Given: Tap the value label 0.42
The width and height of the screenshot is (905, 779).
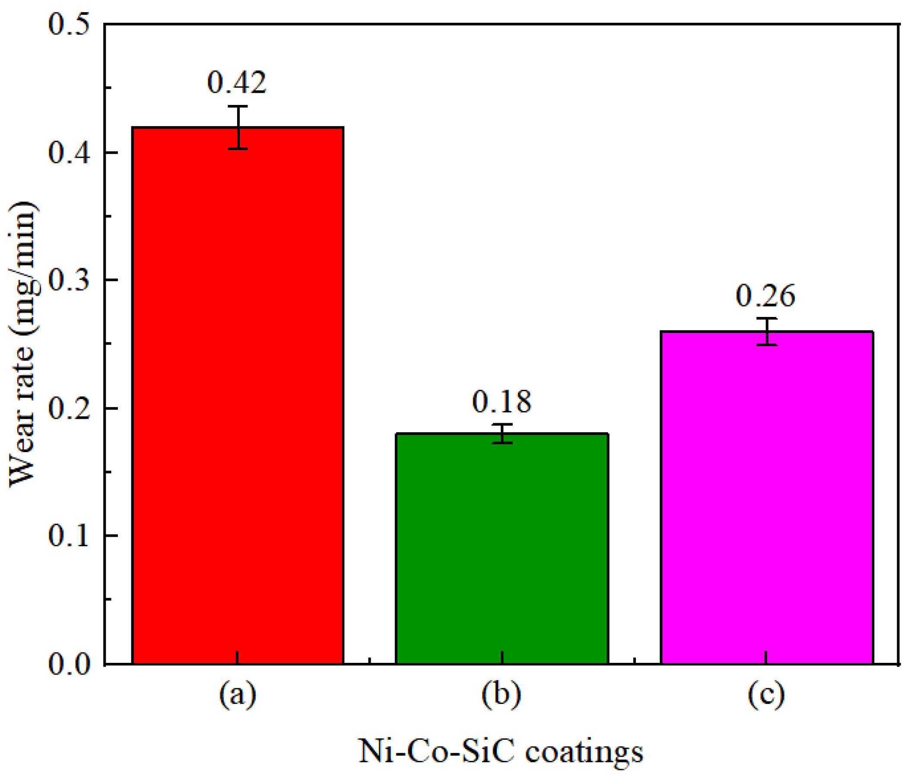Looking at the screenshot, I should click(236, 82).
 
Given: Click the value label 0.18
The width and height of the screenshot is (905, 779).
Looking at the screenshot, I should click(502, 401).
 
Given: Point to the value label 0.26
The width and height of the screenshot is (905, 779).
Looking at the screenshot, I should click(765, 296).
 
